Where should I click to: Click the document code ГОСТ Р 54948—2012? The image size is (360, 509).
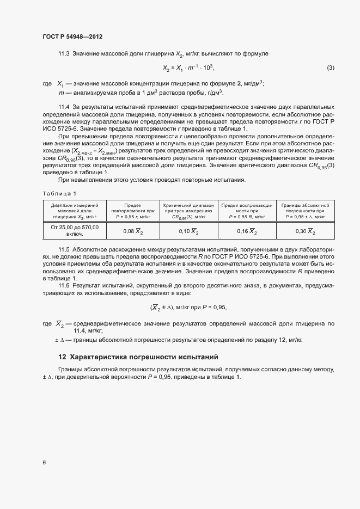click(x=72, y=36)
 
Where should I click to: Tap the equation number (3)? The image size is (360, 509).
click(x=330, y=68)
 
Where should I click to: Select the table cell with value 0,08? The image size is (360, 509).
click(x=133, y=231)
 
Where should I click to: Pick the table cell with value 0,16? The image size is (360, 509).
click(x=247, y=231)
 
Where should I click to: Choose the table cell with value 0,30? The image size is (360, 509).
click(x=304, y=231)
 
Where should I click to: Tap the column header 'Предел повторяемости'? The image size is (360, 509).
click(x=133, y=211)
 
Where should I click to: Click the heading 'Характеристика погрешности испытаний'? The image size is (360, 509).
click(x=144, y=358)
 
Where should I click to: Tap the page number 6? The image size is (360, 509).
click(x=44, y=463)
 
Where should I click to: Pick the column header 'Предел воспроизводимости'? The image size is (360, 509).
click(x=247, y=211)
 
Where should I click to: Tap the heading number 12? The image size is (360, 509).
click(x=62, y=358)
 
